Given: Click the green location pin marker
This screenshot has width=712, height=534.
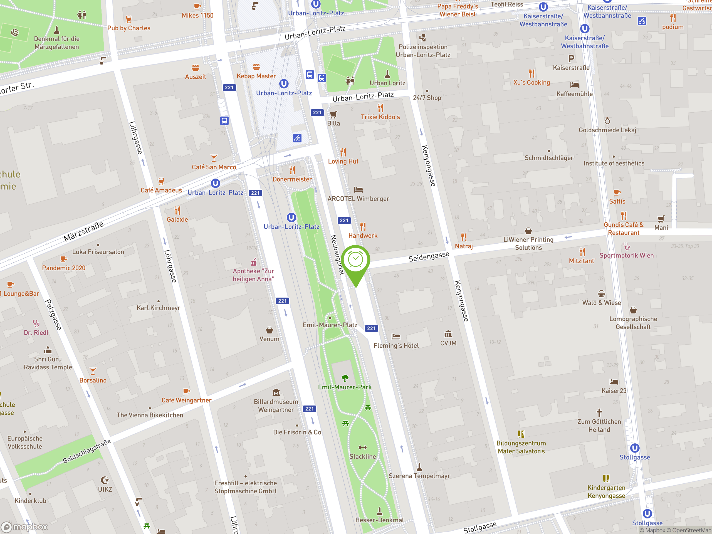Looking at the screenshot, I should pos(356,260).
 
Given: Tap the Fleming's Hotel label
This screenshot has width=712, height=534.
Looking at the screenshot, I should pos(396,345).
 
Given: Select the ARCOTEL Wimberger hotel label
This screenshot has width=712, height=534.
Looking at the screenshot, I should pos(358,199).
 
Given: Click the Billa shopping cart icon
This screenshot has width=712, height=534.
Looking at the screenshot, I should pos(333,114).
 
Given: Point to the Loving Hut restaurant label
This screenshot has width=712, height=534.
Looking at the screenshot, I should pos(343,161).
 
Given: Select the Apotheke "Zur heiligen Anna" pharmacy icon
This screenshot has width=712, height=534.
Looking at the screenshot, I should pos(254,262).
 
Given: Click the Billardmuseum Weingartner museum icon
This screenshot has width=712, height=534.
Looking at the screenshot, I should pos(276,392).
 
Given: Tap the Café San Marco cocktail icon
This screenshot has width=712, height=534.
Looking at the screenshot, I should pos(214,158).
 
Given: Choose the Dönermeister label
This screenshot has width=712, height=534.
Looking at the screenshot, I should pos(292,179).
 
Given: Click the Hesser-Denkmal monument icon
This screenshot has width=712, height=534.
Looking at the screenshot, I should pos(379,511).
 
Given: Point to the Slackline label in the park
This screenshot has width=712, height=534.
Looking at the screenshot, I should pos(362,456).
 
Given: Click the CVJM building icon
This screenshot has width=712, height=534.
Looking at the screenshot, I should pos(448,334).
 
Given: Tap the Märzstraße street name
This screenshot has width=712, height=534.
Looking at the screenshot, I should pos(84,231).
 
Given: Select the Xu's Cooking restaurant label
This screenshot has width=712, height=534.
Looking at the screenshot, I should pos(531,82).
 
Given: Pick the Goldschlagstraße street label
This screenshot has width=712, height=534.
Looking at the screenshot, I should pos(86,451).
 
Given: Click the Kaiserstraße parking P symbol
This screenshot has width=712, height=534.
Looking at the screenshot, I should pos(571,59).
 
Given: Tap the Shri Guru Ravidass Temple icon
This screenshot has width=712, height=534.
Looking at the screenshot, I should pos(48,350).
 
